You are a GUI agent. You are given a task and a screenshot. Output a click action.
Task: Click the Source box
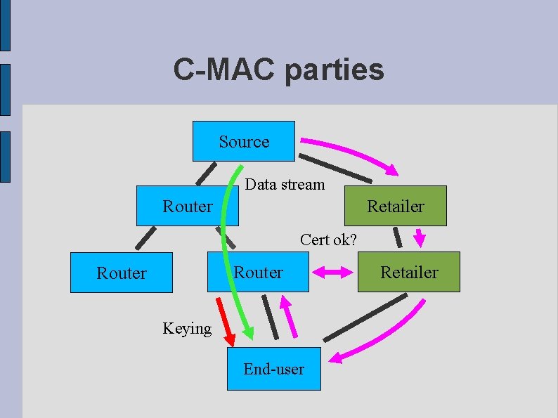[x=244, y=141]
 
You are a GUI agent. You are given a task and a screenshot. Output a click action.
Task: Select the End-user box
[x=273, y=369]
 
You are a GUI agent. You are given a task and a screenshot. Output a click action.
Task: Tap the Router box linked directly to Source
[x=187, y=206]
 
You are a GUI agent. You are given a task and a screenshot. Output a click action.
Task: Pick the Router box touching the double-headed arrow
[x=258, y=272]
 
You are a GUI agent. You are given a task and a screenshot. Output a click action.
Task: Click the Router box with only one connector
[x=121, y=273]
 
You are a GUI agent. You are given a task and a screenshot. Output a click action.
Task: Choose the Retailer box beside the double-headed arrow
[x=408, y=272]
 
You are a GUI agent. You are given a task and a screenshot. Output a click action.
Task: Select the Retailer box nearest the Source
[x=395, y=206]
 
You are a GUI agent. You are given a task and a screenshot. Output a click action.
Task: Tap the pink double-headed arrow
[x=333, y=273]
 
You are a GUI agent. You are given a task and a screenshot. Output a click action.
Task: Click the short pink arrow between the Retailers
[x=420, y=237]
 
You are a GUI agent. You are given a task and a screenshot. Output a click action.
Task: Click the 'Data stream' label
[x=285, y=185]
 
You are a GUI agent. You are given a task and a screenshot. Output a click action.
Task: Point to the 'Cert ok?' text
[x=328, y=240]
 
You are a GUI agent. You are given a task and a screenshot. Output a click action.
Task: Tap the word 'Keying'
[x=186, y=328]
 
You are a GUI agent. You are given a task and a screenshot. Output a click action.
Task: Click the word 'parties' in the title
[x=335, y=70]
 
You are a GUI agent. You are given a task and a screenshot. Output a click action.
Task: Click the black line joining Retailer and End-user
[x=365, y=318]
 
